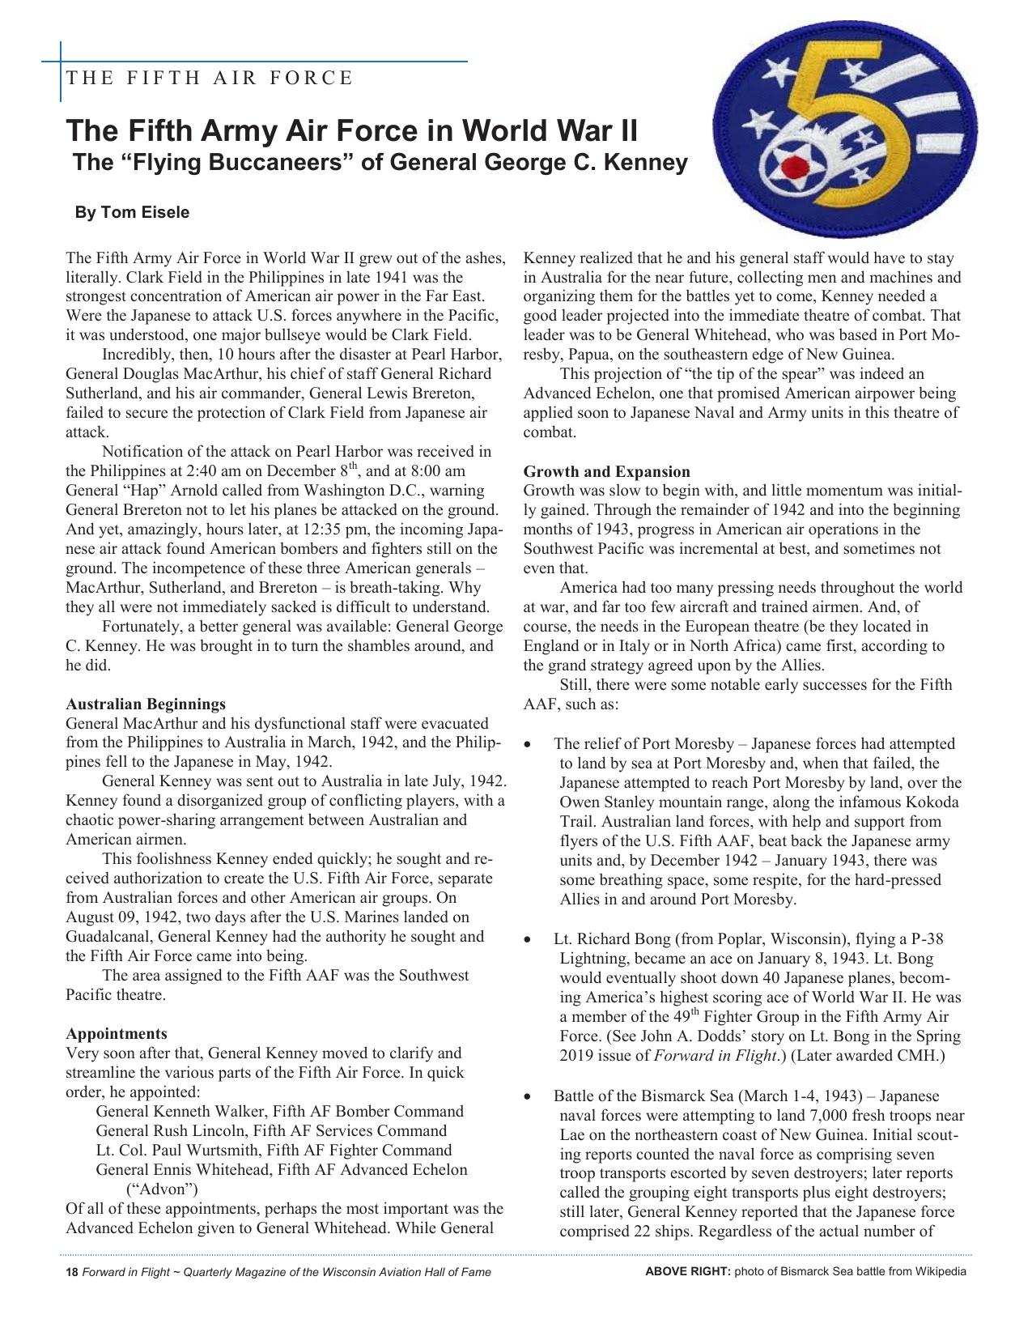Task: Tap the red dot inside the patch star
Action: coord(795,168)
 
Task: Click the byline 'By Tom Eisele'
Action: coord(132,213)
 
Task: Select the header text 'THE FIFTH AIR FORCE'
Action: coord(210,79)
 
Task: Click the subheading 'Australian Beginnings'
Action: coord(146,704)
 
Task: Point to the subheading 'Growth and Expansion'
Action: coord(607,472)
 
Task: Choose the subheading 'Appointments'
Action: coord(117,1034)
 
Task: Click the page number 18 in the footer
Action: coord(71,1272)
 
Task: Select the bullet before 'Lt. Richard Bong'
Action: coord(529,941)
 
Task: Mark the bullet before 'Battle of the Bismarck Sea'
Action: coord(529,1098)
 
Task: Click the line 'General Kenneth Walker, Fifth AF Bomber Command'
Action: coord(279,1112)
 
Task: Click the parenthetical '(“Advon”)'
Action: coord(162,1189)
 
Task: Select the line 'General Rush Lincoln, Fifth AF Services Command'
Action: coord(271,1131)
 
